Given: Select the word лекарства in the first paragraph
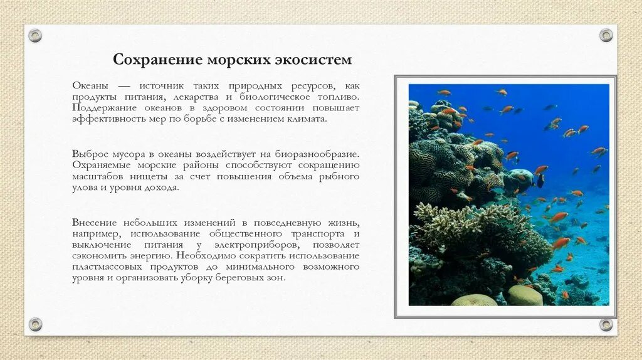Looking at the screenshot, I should pyautogui.click(x=193, y=97).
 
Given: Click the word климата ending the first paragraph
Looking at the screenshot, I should pyautogui.click(x=307, y=118).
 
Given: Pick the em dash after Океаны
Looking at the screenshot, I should pyautogui.click(x=125, y=86).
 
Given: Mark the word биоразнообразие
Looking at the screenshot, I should pyautogui.click(x=319, y=154).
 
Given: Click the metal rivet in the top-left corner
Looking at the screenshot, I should pyautogui.click(x=35, y=35).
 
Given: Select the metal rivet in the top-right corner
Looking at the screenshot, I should pyautogui.click(x=606, y=35).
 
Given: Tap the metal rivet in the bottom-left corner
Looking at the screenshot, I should pyautogui.click(x=35, y=324).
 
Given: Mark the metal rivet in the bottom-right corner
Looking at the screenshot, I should pyautogui.click(x=606, y=324).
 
